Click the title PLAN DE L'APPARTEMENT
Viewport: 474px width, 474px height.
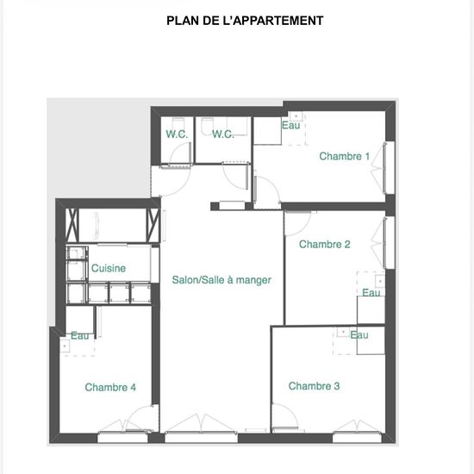(245, 21)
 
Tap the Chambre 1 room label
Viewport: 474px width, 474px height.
(345, 156)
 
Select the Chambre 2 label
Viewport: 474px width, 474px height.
(324, 244)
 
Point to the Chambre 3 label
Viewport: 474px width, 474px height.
(314, 386)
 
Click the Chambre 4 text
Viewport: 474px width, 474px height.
(110, 387)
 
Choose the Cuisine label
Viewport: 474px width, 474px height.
(109, 268)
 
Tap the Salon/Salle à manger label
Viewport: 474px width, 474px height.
(221, 280)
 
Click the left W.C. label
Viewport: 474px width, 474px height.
(177, 134)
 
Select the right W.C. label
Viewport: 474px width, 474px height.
(223, 134)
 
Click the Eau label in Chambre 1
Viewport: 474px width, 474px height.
(290, 125)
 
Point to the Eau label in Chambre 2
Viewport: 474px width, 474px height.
(371, 293)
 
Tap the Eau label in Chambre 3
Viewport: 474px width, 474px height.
(359, 334)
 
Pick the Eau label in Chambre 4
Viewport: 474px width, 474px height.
(80, 335)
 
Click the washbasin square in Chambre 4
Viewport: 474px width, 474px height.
(65, 346)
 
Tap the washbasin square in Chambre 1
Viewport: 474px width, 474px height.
(296, 116)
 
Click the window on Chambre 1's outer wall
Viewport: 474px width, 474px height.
(390, 168)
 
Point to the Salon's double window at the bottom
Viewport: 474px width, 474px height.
(201, 437)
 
